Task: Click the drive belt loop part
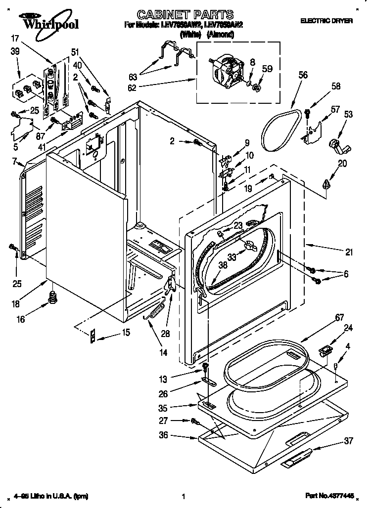(280, 129)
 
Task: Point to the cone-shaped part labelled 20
(326, 184)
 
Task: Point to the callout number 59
(267, 70)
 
